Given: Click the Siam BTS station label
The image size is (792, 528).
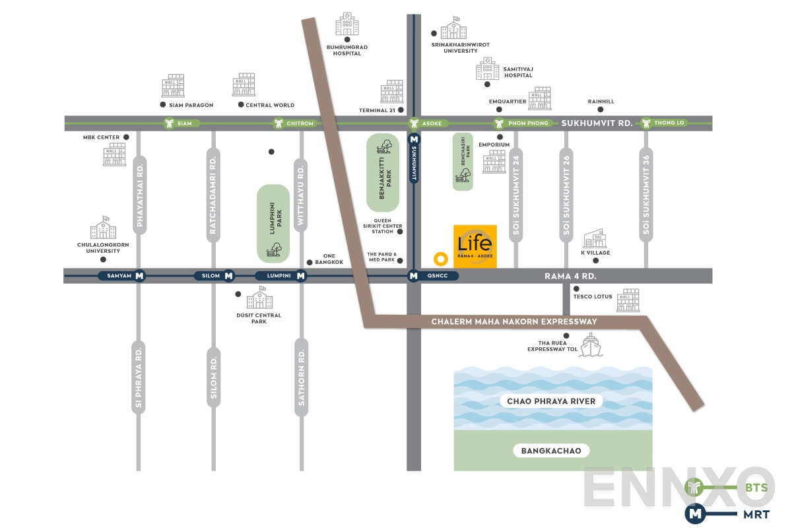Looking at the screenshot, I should [x=184, y=123].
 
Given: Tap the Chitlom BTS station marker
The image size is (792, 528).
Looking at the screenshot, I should [x=279, y=123].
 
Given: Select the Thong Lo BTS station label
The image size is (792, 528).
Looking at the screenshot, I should [x=669, y=123].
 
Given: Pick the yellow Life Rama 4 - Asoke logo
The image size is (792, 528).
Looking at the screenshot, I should [x=475, y=246].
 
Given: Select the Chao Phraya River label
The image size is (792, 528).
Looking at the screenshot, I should [x=551, y=401].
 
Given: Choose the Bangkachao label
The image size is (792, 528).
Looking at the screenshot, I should [x=551, y=451].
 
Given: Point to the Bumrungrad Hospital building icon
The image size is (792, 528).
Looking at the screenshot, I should [x=347, y=24].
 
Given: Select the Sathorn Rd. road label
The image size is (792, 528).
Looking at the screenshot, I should [x=301, y=378].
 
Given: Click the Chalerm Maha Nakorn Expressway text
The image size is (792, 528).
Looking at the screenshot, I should [x=514, y=322].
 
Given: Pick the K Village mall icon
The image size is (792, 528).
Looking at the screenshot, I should [x=595, y=238].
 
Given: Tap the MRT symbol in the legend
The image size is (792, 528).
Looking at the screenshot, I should [x=694, y=512].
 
